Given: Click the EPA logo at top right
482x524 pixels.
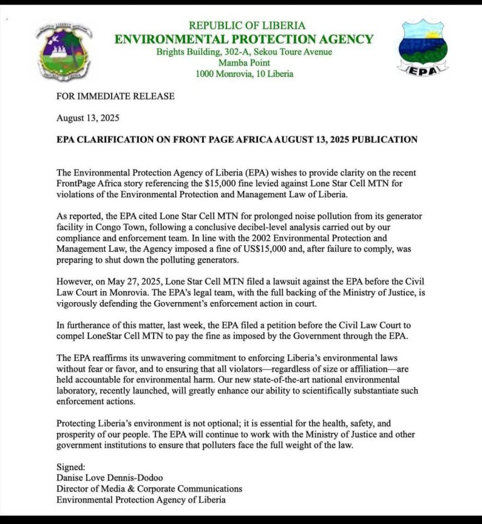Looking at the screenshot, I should click(x=422, y=49).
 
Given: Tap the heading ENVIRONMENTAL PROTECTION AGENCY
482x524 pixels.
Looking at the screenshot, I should click(x=244, y=39).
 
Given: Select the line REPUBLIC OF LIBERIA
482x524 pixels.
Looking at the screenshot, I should click(x=247, y=26).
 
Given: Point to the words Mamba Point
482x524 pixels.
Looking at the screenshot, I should click(x=244, y=63).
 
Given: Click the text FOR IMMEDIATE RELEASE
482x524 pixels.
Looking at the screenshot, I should click(x=115, y=97).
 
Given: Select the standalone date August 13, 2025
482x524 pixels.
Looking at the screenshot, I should click(x=88, y=118).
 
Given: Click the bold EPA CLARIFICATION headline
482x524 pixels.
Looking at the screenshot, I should click(x=237, y=139).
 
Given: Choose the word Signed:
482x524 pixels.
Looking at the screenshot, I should click(x=72, y=468).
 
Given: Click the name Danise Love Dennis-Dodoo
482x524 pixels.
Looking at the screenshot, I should click(x=110, y=478).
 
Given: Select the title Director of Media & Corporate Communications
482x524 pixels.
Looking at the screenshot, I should click(x=149, y=489).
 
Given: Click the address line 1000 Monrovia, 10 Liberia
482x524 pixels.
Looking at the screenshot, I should click(x=244, y=74).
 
